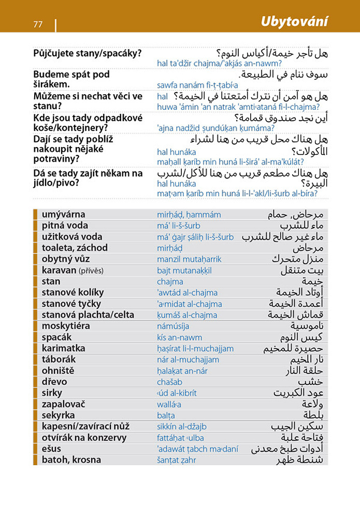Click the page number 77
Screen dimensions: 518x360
point(37,24)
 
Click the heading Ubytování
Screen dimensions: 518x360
point(294,22)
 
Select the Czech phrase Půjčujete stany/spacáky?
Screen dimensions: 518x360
point(88,53)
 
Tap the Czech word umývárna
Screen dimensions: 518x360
point(63,214)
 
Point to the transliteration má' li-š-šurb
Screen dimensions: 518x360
point(178,226)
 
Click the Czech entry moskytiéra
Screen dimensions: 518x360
point(66,326)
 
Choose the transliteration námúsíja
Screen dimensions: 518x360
point(173,326)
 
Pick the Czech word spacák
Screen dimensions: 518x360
point(56,337)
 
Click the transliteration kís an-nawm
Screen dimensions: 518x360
point(179,338)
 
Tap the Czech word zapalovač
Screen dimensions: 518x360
point(63,404)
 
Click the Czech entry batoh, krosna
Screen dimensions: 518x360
point(71,460)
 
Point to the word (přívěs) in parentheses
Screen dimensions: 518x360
point(91,270)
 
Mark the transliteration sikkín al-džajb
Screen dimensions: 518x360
point(181,427)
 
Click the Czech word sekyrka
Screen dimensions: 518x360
point(59,415)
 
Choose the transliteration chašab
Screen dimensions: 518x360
point(169,382)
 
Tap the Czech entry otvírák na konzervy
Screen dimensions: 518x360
point(84,438)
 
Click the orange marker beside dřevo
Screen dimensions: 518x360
point(35,382)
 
